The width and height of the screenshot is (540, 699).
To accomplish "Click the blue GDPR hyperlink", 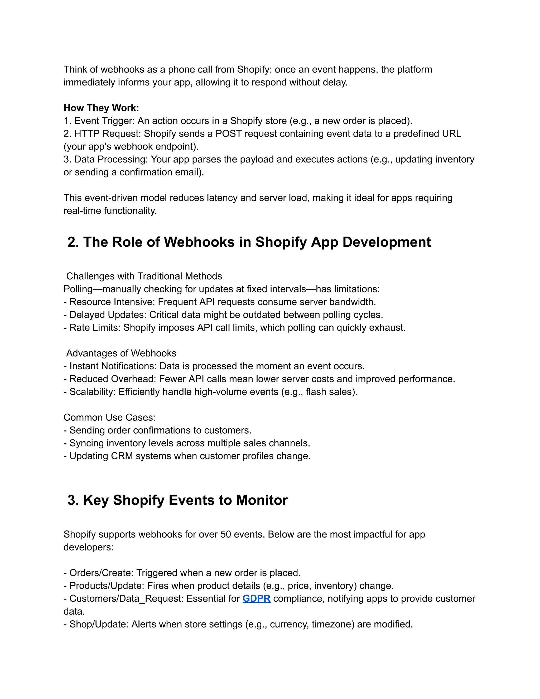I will [x=256, y=599].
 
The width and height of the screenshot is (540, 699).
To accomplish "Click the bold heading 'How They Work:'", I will [x=101, y=108].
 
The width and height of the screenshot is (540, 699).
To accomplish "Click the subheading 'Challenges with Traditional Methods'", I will [x=144, y=276].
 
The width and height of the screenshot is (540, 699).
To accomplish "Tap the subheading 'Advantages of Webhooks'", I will [x=121, y=353].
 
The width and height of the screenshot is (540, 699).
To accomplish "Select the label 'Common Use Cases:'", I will [x=109, y=417].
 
